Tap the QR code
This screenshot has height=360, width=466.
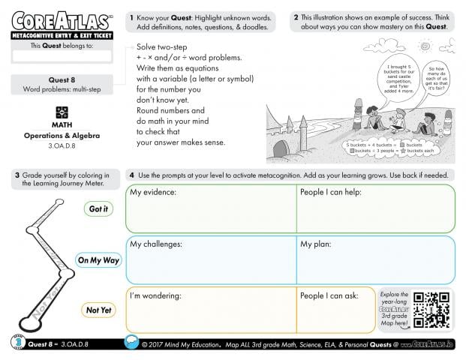coord(432,308)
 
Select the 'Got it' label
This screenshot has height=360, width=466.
coord(98,209)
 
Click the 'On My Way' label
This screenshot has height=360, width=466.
coord(98,260)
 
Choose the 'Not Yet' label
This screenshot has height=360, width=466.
coord(98,310)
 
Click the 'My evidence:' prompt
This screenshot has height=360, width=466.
coord(153,193)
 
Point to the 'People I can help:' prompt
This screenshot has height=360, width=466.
coord(331,193)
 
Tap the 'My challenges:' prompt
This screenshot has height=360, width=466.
coord(157,244)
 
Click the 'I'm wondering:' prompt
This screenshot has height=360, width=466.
coord(156,295)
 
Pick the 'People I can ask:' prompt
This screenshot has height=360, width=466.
coord(329,295)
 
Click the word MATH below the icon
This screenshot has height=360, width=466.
coord(62,125)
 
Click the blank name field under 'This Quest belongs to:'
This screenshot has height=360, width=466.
coord(62,56)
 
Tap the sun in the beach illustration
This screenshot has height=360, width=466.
coord(428,46)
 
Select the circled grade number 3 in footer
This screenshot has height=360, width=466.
coord(16,343)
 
